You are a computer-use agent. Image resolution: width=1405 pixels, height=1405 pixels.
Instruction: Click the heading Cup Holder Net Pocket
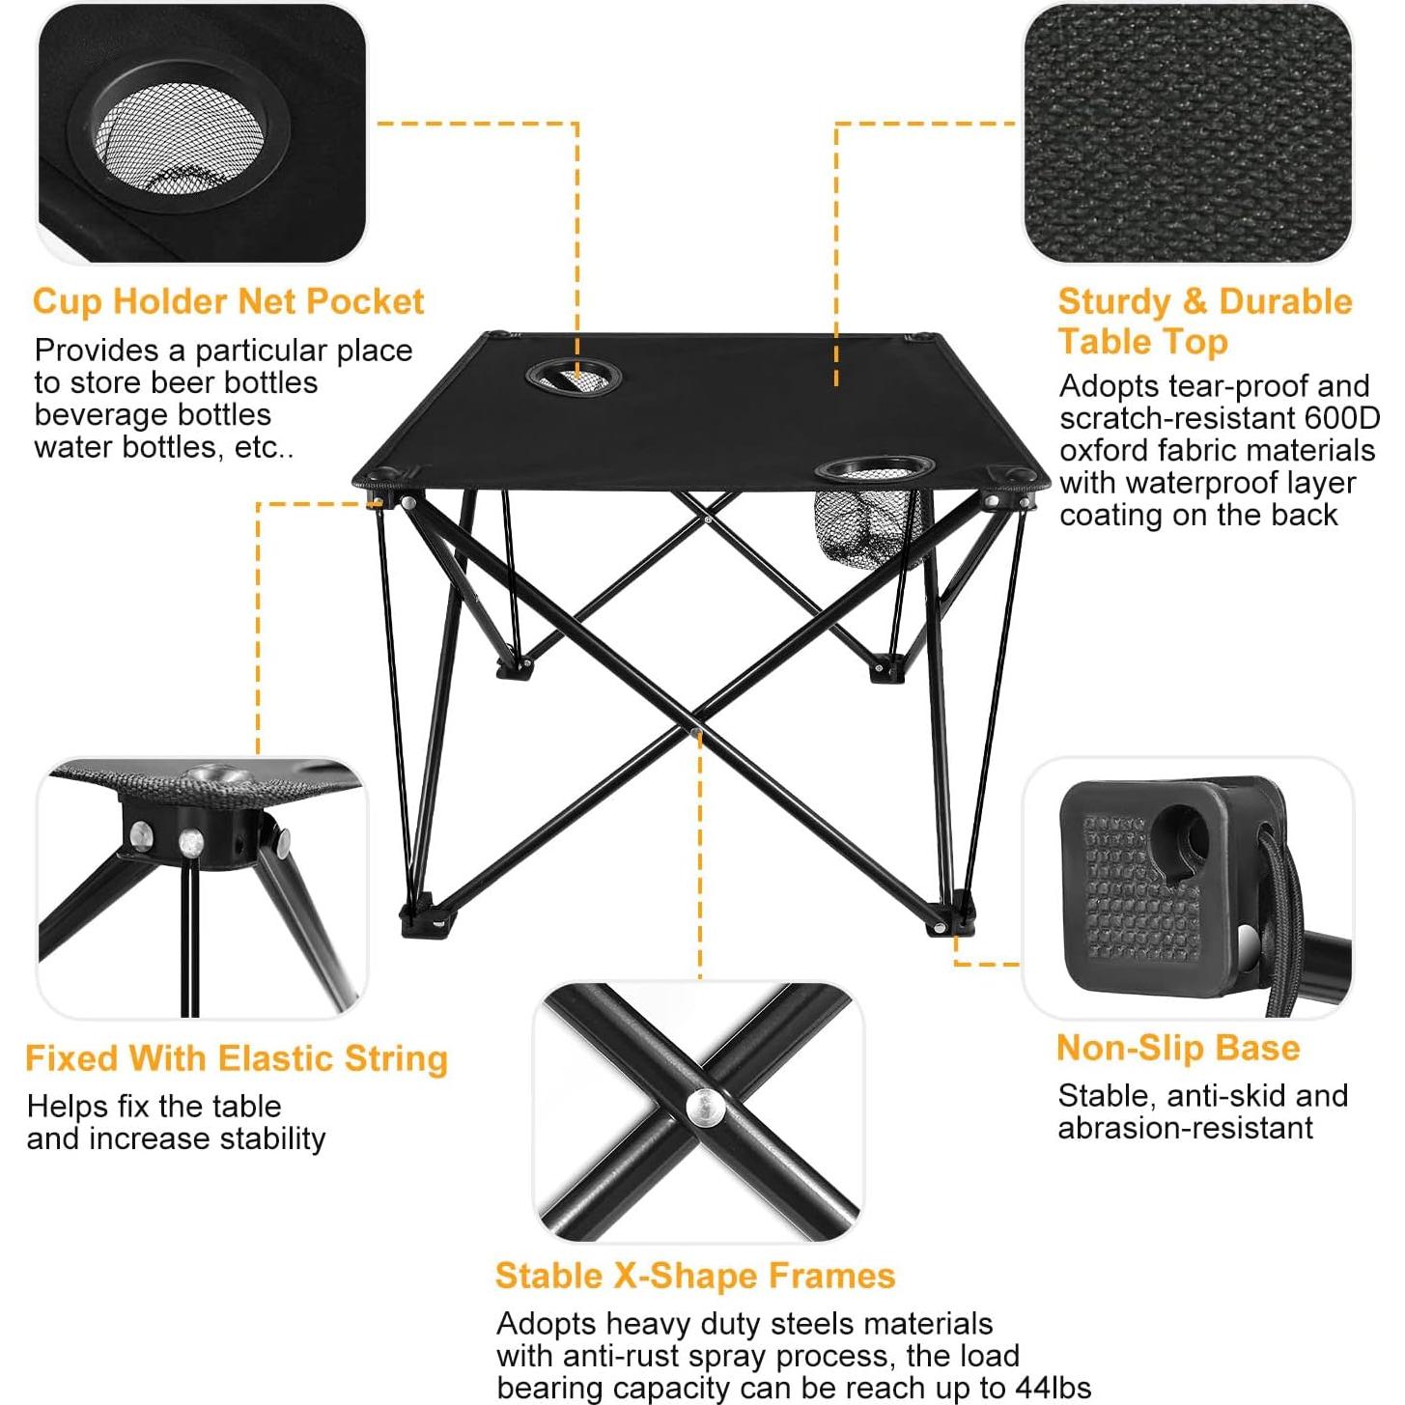(228, 301)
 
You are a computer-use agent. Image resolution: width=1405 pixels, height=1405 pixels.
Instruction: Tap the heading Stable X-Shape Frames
(694, 1276)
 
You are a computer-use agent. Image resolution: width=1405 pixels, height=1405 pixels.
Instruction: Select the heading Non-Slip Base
(1178, 1048)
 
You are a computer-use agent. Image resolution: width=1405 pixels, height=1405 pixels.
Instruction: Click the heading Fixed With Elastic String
(237, 1058)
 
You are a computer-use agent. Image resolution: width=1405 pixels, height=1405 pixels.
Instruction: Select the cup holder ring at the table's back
(572, 376)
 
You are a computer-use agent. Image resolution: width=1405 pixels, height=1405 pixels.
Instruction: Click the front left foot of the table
(426, 920)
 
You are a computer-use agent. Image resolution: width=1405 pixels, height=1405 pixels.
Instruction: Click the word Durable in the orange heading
(1285, 301)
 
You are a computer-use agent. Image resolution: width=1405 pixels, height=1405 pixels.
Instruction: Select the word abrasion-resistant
(1185, 1128)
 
